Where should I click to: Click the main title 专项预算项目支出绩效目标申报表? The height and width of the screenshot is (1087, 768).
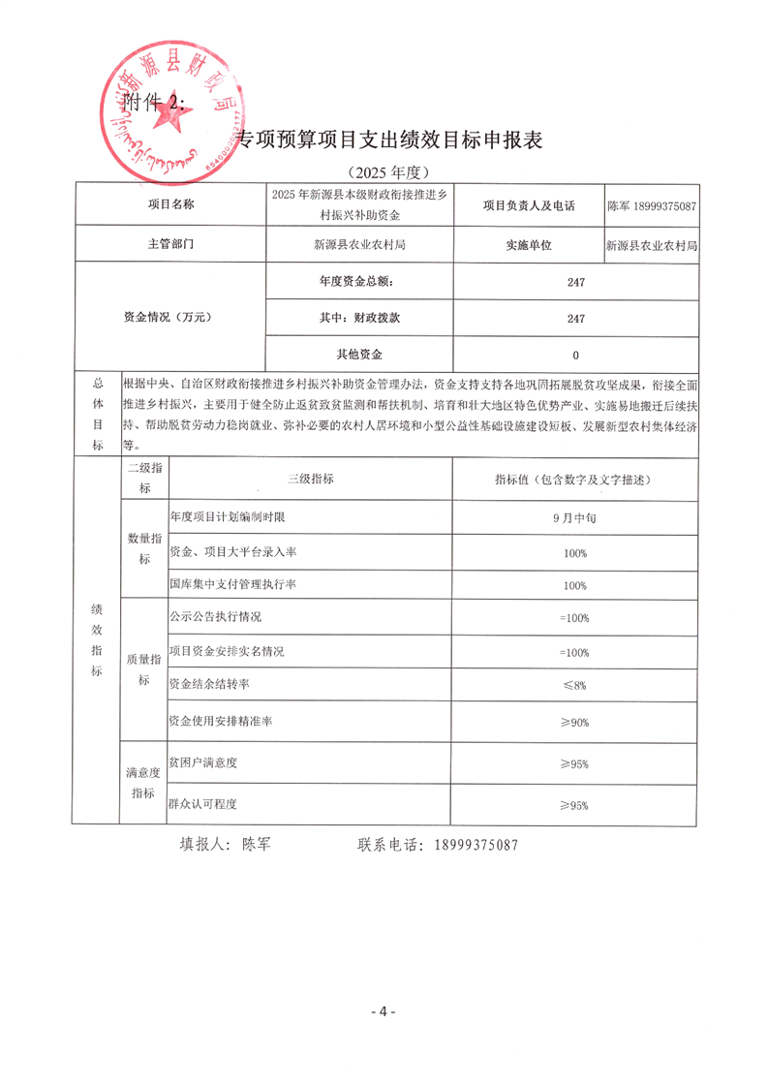[391, 140]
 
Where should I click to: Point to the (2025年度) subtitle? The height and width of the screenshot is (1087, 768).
[384, 172]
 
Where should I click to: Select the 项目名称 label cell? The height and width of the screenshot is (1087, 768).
[170, 205]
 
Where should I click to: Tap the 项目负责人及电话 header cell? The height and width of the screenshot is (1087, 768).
[528, 206]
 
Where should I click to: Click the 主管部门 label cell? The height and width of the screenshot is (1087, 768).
[170, 245]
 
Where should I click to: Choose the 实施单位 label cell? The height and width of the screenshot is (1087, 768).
[528, 245]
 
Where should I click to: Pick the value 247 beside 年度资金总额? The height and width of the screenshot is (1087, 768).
[575, 282]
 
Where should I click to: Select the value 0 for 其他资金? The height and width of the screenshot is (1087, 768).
[575, 355]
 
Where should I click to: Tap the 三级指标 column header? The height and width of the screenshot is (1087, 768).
[310, 480]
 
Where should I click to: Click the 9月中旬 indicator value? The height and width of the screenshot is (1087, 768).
[575, 517]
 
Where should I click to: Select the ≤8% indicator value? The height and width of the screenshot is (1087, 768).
[575, 685]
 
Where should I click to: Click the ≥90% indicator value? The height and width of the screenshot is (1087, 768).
[575, 723]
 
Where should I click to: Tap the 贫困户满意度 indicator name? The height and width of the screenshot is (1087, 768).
[203, 763]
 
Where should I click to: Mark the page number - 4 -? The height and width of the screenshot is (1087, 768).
[384, 1011]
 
